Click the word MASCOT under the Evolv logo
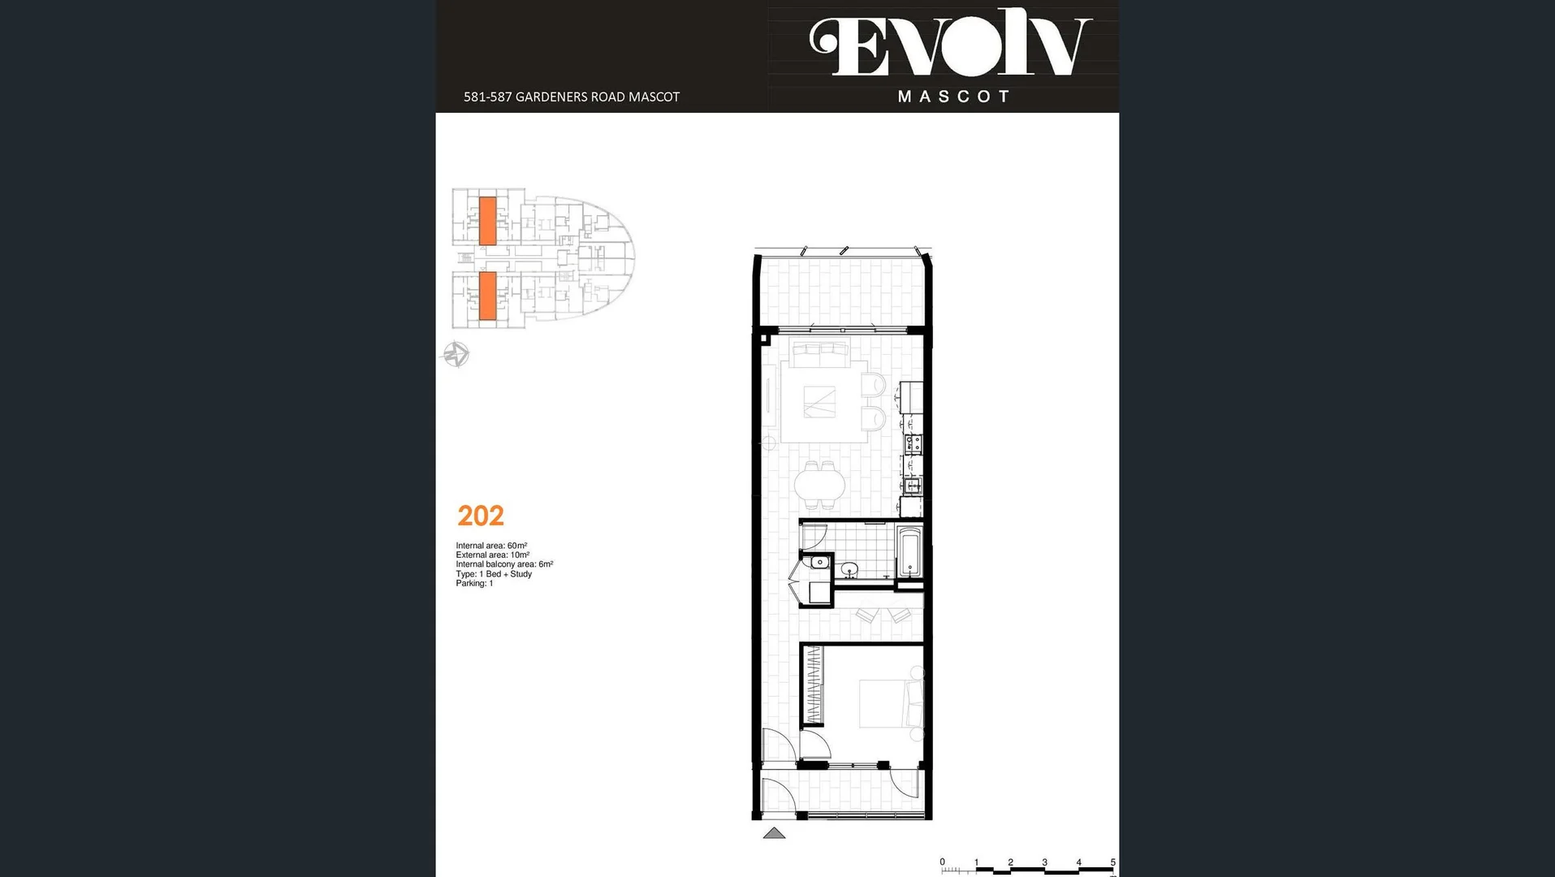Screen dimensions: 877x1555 954,97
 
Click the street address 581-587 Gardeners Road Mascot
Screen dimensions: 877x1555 571,97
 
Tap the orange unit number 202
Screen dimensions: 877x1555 480,516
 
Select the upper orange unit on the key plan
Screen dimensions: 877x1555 487,220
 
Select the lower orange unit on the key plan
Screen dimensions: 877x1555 487,296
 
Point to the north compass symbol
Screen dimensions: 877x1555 456,354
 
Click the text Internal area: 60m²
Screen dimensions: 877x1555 491,546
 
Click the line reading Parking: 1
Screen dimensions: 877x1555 474,583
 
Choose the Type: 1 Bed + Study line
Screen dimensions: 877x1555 494,574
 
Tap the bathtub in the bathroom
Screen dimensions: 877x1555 909,551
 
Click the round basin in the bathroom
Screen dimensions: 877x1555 849,569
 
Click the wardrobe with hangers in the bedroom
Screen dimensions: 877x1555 813,685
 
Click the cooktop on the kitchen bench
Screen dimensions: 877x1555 914,443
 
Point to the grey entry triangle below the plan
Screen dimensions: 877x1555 774,833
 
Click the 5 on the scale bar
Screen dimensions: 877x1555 1112,862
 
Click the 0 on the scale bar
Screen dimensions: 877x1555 942,862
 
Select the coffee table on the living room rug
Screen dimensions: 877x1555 819,402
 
